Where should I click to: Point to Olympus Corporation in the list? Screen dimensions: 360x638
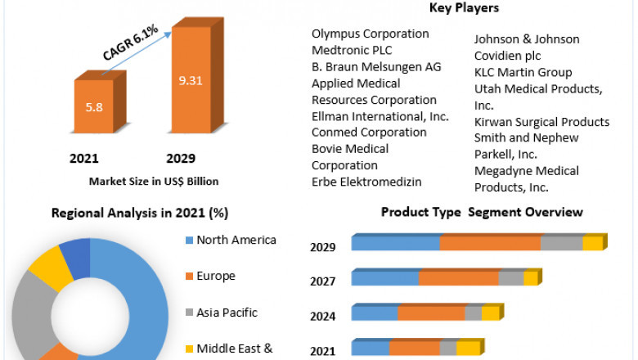pyautogui.click(x=370, y=34)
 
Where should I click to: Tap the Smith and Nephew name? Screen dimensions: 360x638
pyautogui.click(x=526, y=137)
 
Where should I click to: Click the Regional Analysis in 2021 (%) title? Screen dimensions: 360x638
pyautogui.click(x=140, y=213)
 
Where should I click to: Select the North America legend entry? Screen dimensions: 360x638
pyautogui.click(x=236, y=240)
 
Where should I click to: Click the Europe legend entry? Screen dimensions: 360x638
pyautogui.click(x=216, y=276)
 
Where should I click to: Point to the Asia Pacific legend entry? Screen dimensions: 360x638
pyautogui.click(x=227, y=312)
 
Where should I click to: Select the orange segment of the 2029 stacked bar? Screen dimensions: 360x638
pyautogui.click(x=489, y=243)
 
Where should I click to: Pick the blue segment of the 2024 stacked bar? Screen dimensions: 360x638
pyautogui.click(x=374, y=313)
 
